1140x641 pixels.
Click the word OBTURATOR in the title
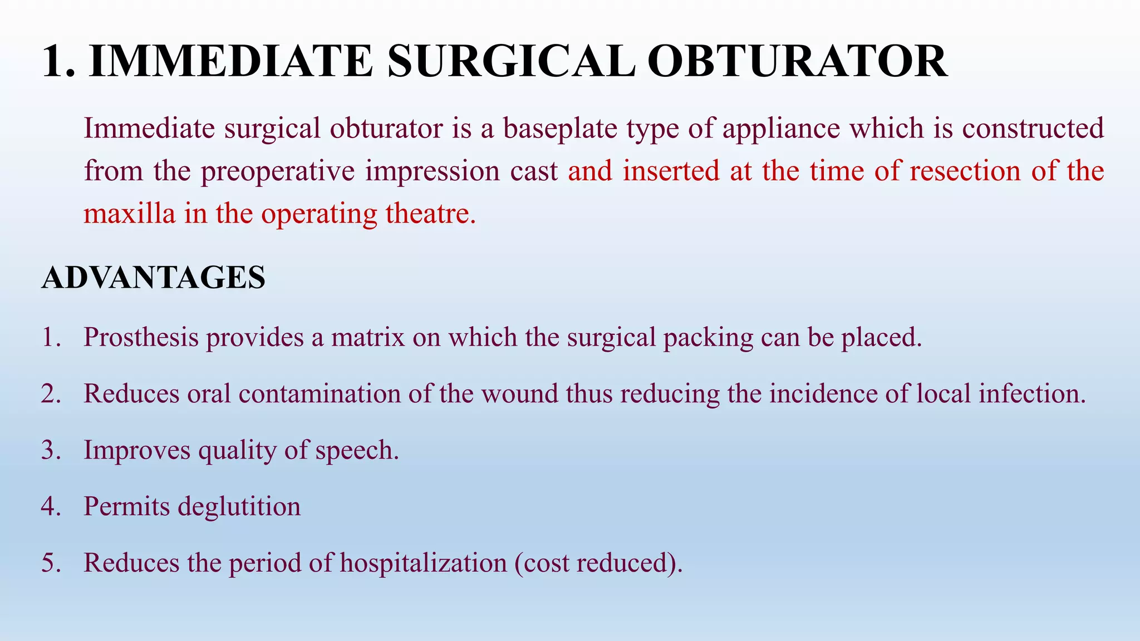pos(797,61)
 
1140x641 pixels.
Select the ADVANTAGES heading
pos(154,278)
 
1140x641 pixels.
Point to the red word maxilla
pos(129,214)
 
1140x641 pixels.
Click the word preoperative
pos(278,171)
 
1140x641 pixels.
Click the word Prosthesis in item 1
pos(141,337)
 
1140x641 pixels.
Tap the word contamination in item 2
pos(320,394)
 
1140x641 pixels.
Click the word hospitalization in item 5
pos(423,563)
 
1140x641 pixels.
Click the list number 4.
pos(51,507)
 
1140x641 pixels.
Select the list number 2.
pos(51,394)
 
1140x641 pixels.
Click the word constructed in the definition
pos(1033,129)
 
